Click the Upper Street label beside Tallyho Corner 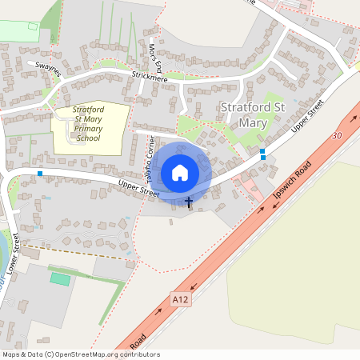click(116, 188)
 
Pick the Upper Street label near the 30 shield click(307, 117)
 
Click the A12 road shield click(182, 299)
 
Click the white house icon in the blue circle click(180, 172)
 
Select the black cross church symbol click(189, 202)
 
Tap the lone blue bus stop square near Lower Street click(39, 173)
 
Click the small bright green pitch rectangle click(60, 278)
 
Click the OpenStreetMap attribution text click(80, 354)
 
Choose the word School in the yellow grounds click(89, 138)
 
